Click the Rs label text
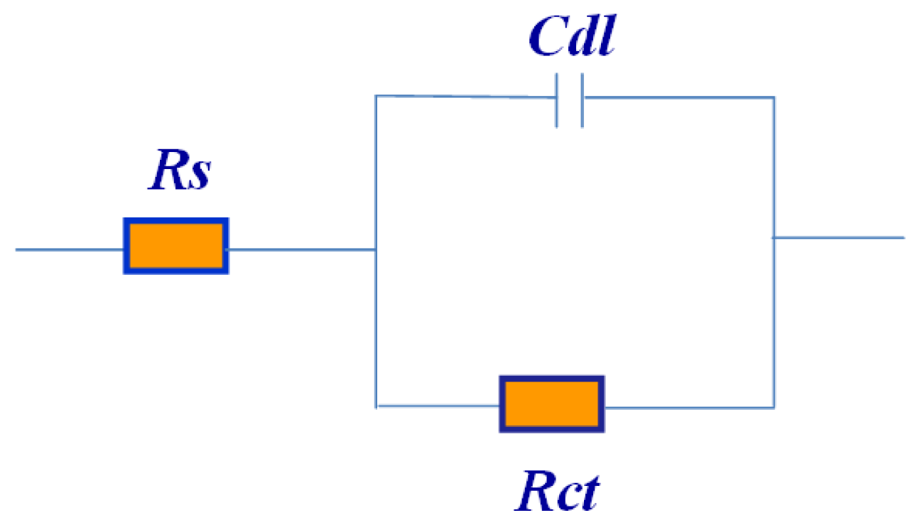179,174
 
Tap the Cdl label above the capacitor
571,40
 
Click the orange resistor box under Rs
176,246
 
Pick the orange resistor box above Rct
551,404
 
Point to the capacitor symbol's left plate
558,99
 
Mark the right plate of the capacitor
582,99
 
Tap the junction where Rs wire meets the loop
376,249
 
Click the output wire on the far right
838,237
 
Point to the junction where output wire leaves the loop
774,237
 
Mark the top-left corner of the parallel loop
376,96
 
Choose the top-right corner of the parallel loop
774,97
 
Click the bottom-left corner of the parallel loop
377,406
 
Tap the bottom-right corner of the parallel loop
774,407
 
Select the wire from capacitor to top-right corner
678,97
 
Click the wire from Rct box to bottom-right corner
689,407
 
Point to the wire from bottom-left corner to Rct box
438,406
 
